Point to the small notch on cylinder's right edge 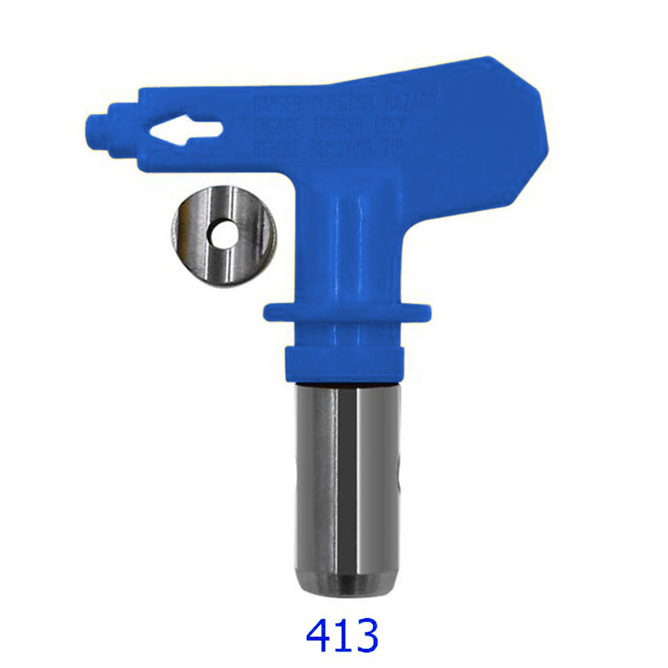(402, 474)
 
